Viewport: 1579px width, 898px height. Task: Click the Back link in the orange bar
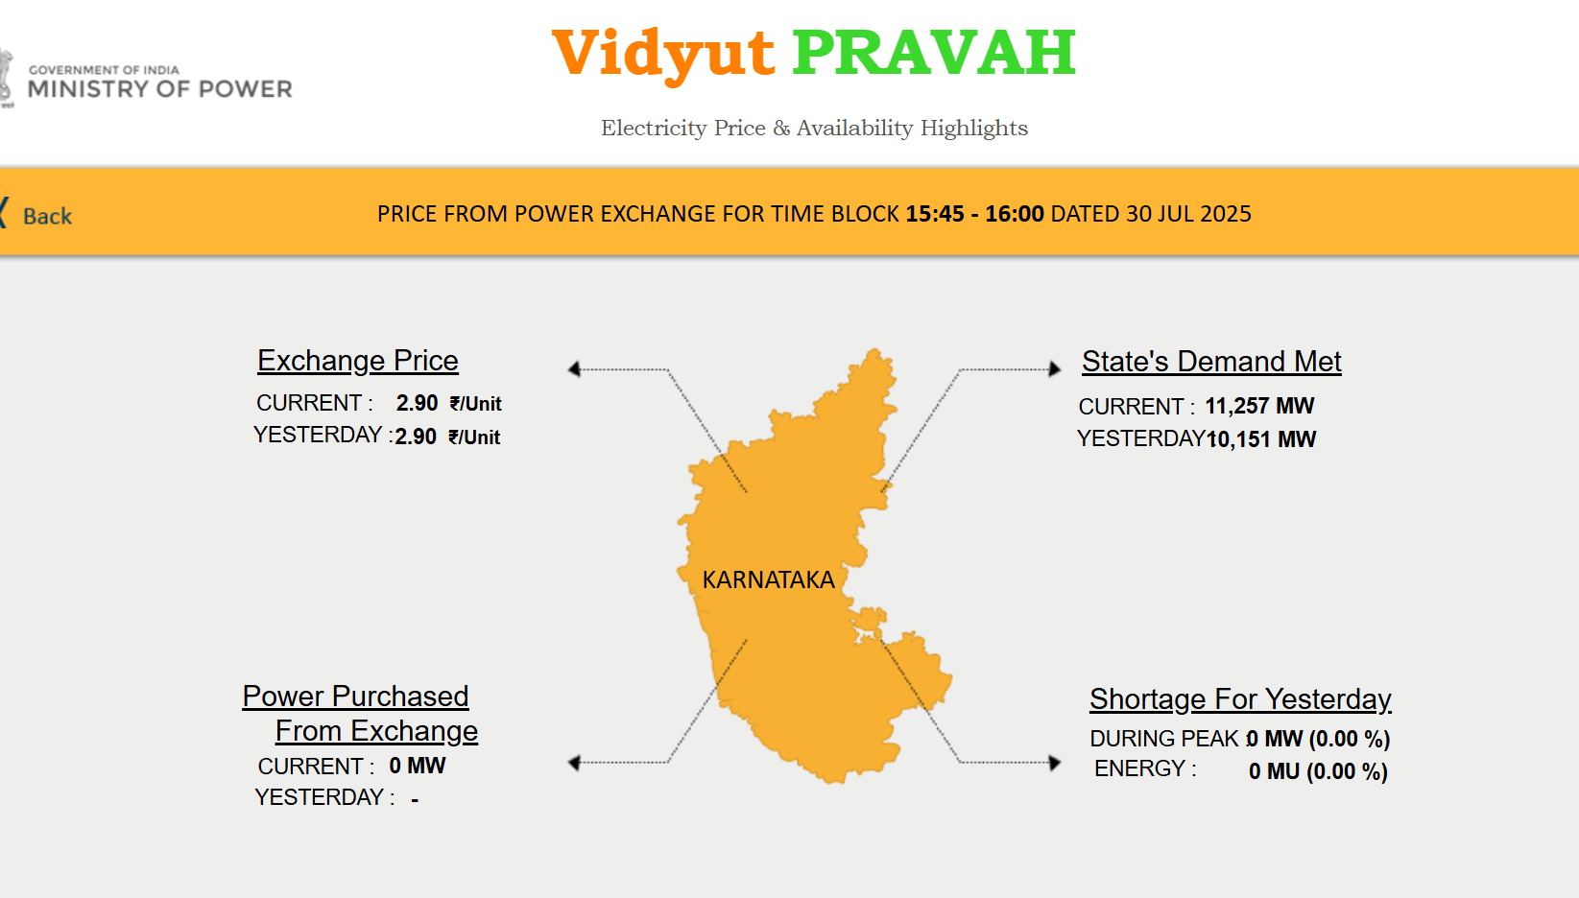tap(47, 216)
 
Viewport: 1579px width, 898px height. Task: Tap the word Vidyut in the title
tap(663, 56)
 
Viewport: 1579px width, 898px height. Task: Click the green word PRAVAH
tap(934, 53)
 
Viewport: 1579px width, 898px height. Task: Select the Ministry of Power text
tap(160, 88)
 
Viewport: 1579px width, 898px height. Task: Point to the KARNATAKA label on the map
tap(768, 579)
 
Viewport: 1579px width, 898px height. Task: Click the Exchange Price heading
tap(358, 361)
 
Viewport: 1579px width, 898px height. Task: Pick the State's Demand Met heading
tap(1211, 362)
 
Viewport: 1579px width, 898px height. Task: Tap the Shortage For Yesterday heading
tap(1240, 699)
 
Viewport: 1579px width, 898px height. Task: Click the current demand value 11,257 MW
tap(1259, 406)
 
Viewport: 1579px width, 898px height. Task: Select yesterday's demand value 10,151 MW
tap(1261, 439)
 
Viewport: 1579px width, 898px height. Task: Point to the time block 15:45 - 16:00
tap(975, 213)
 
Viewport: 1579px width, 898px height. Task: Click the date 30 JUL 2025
tap(1188, 213)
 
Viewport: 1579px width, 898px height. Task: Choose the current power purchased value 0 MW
tap(418, 766)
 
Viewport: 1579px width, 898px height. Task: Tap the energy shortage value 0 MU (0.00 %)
tap(1318, 771)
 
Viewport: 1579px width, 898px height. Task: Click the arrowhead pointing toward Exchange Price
tap(575, 369)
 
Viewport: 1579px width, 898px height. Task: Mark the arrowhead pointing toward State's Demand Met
tap(1055, 369)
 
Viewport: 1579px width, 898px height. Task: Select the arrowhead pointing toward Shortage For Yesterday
tap(1055, 762)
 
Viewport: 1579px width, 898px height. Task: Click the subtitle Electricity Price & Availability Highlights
tap(814, 129)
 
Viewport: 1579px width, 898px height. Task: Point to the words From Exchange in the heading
tap(376, 731)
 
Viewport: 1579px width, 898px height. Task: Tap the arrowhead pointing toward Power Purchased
tap(575, 762)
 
